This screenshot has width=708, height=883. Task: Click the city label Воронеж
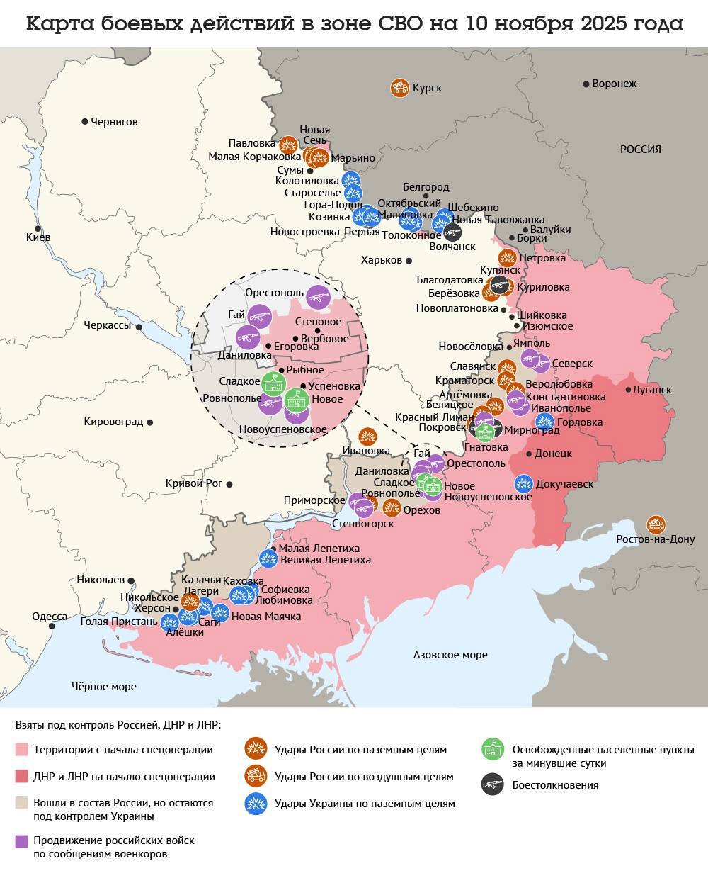click(614, 84)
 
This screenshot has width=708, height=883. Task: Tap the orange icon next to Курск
click(399, 88)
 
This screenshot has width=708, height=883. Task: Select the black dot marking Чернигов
click(85, 122)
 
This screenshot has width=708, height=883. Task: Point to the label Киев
click(38, 237)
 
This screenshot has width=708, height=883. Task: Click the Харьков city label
click(381, 260)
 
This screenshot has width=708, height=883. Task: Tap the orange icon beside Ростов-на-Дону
click(656, 524)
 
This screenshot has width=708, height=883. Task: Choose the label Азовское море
click(450, 655)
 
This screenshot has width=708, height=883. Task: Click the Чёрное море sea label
click(104, 686)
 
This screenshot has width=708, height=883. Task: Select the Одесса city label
click(50, 617)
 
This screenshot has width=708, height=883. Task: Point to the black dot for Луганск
click(629, 390)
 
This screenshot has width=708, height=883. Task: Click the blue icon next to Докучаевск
click(523, 484)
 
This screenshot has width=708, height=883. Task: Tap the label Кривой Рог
click(193, 483)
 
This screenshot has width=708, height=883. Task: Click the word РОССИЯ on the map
click(640, 150)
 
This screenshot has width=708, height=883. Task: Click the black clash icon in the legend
click(492, 784)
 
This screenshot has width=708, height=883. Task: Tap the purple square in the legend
click(21, 840)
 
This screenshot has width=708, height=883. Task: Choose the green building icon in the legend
click(492, 749)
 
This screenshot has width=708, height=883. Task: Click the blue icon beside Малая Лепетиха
click(268, 558)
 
